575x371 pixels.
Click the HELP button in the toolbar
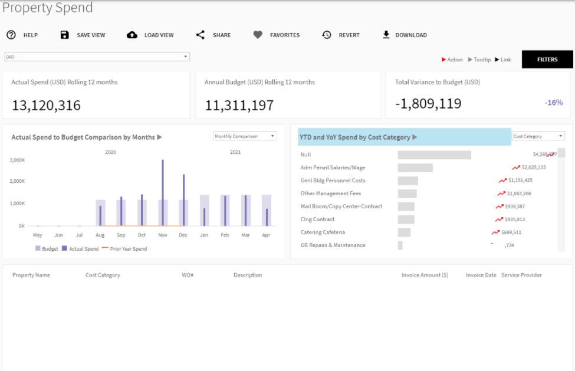(22, 35)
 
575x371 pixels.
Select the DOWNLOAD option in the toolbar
(405, 35)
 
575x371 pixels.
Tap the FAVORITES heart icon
(258, 35)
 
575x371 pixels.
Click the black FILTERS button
(547, 60)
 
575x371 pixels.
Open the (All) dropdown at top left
(97, 57)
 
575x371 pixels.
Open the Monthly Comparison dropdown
(245, 136)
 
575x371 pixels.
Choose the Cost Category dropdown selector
(538, 136)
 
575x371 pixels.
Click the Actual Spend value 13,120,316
(47, 106)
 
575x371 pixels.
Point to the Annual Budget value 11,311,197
(239, 106)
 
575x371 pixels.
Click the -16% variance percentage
(554, 103)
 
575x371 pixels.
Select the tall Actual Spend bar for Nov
(163, 192)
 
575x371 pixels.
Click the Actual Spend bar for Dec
(183, 200)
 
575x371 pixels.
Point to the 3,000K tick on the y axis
(18, 160)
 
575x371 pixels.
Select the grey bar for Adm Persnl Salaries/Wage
(415, 168)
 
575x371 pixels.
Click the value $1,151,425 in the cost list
(520, 180)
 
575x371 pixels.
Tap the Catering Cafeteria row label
(323, 232)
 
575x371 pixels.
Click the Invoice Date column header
(481, 275)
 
